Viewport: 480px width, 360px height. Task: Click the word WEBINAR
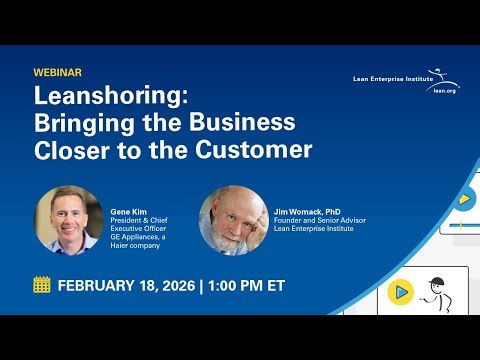coord(57,73)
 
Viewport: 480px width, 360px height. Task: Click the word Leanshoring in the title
coord(95,98)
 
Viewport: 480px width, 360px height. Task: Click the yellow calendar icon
coord(42,285)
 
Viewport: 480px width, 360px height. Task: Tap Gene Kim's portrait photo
coord(69,219)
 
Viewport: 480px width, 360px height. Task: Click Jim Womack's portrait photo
coord(233,219)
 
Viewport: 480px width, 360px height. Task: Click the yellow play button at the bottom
coord(400,292)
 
